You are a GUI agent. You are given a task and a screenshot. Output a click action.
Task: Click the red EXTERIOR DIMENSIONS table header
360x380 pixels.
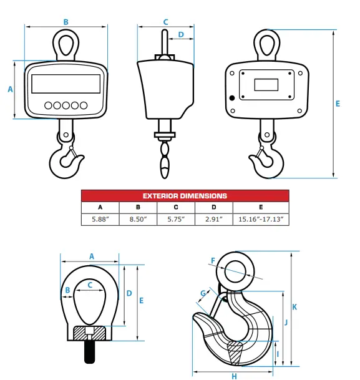185,195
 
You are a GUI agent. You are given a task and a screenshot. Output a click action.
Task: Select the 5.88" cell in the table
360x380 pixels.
100,219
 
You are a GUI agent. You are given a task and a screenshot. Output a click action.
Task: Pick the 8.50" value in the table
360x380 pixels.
138,219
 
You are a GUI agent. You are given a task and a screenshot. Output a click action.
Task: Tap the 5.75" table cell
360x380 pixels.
176,219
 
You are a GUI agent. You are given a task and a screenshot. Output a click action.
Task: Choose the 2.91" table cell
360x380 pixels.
214,219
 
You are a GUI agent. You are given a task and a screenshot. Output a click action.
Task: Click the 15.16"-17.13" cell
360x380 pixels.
261,219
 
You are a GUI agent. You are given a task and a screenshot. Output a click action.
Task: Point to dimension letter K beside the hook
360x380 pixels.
294,307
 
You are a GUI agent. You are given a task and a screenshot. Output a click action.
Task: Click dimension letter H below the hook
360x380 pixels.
234,376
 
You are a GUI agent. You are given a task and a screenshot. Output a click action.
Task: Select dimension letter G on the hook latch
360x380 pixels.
203,293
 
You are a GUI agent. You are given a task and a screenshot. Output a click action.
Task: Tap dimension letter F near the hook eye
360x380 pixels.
213,260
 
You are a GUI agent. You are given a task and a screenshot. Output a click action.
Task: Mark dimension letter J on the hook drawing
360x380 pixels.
285,323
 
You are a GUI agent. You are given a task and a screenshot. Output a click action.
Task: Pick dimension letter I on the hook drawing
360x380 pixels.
277,353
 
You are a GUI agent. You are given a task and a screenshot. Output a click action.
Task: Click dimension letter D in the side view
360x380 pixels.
181,35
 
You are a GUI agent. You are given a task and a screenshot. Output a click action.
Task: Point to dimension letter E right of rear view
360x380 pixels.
338,104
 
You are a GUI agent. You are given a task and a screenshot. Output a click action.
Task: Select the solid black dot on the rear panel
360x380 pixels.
233,97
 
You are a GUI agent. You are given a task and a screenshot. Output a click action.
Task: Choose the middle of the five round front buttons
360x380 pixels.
66,105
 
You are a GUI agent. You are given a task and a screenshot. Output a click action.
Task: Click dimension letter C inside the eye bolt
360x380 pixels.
90,285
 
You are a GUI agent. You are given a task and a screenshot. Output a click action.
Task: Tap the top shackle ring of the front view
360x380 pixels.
66,44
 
